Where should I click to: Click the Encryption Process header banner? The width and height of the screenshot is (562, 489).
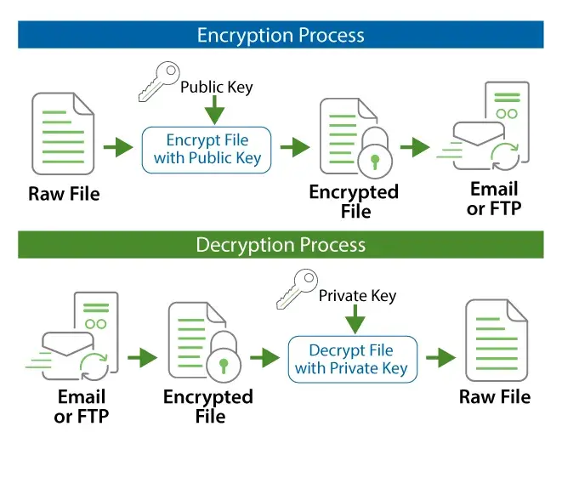click(x=281, y=35)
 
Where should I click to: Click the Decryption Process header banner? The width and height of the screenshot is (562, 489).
click(x=281, y=245)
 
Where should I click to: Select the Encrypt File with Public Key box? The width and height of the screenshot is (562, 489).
click(x=207, y=149)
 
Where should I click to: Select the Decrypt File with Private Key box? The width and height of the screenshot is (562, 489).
click(x=352, y=359)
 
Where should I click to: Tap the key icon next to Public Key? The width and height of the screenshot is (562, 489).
click(x=159, y=81)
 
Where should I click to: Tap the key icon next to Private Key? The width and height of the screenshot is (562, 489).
click(x=297, y=289)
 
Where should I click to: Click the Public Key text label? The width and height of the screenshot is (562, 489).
click(x=216, y=87)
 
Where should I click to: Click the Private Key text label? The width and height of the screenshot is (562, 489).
click(x=357, y=296)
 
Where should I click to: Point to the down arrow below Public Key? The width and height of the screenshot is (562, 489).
click(x=214, y=110)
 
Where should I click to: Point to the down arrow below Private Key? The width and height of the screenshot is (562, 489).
click(x=355, y=320)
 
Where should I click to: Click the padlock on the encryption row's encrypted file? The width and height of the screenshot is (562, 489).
click(x=373, y=153)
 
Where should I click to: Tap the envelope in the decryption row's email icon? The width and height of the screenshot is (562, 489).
click(x=68, y=350)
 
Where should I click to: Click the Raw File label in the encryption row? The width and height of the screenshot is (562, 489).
click(x=64, y=194)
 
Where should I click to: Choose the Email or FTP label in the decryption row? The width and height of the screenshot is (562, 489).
click(x=82, y=407)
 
